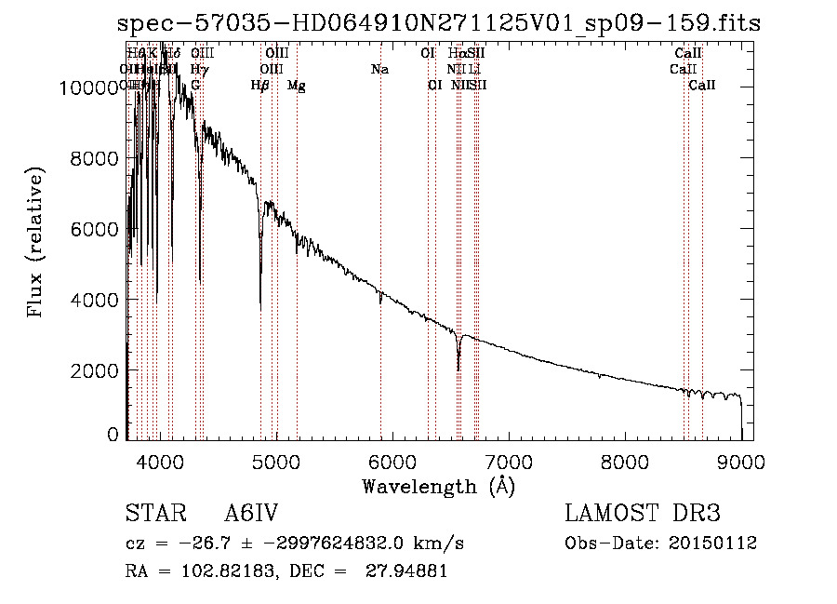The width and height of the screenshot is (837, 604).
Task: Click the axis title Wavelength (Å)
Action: pos(438,486)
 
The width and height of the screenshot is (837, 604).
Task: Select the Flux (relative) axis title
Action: pos(37,243)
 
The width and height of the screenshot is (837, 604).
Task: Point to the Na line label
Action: pos(379,69)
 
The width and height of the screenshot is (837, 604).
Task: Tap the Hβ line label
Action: pos(260,85)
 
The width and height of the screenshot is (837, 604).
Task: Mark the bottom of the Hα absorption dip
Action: pos(458,369)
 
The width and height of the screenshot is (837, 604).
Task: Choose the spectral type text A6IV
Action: pos(251,514)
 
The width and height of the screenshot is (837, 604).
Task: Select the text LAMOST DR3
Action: pos(643,514)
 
